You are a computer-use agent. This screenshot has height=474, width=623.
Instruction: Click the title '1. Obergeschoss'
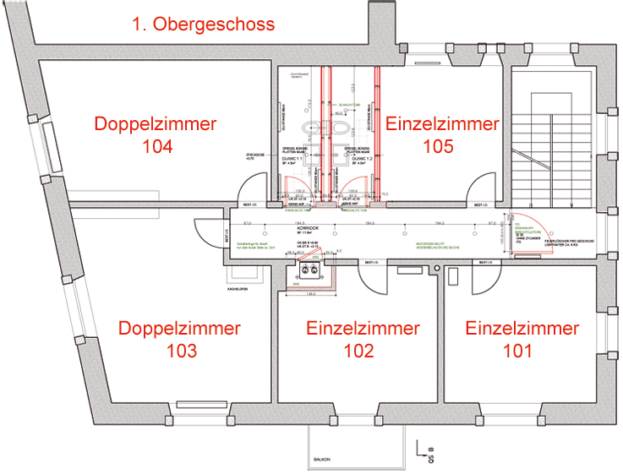click(x=203, y=24)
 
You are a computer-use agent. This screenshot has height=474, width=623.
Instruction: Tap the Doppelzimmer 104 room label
click(x=156, y=134)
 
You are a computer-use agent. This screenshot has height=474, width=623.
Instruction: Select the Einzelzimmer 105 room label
click(x=443, y=134)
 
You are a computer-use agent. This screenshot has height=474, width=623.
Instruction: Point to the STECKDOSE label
click(x=255, y=156)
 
